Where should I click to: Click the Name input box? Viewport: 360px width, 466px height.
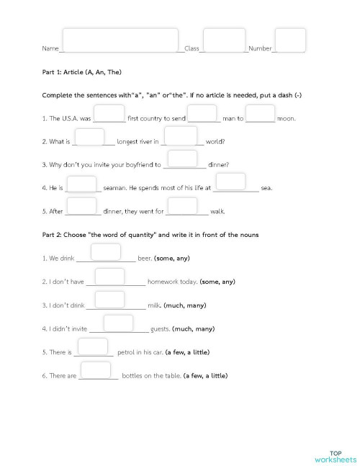point(120,40)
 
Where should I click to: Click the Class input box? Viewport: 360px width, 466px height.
point(224,40)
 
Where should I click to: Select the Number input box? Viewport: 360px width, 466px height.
point(290,40)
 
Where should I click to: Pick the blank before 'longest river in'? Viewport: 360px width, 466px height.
point(89,137)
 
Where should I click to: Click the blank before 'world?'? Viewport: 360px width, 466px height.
point(181,136)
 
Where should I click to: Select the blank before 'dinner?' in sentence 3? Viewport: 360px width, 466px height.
point(182,159)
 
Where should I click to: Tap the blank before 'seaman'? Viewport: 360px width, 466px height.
point(81,184)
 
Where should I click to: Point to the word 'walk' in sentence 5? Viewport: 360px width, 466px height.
point(217,212)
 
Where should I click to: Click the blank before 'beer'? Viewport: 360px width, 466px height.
point(106,253)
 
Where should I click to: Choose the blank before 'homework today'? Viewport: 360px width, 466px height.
point(110,277)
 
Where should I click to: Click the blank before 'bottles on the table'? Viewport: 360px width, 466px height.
point(95,371)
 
